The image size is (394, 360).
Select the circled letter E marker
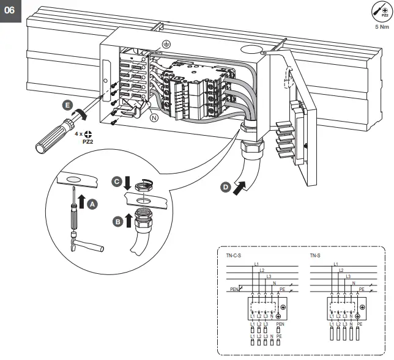pos(68,105)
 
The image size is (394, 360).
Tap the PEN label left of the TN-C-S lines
pos(234,290)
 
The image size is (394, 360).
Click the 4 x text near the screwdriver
pos(78,133)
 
